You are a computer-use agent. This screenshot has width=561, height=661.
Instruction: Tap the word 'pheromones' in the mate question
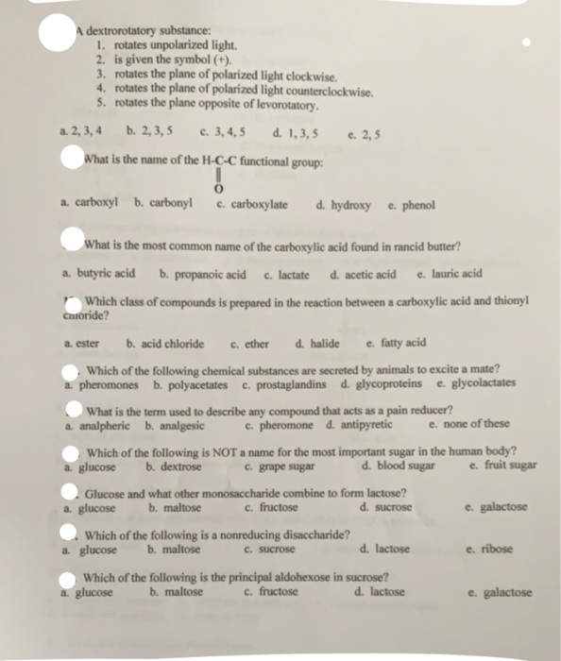[109, 383]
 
